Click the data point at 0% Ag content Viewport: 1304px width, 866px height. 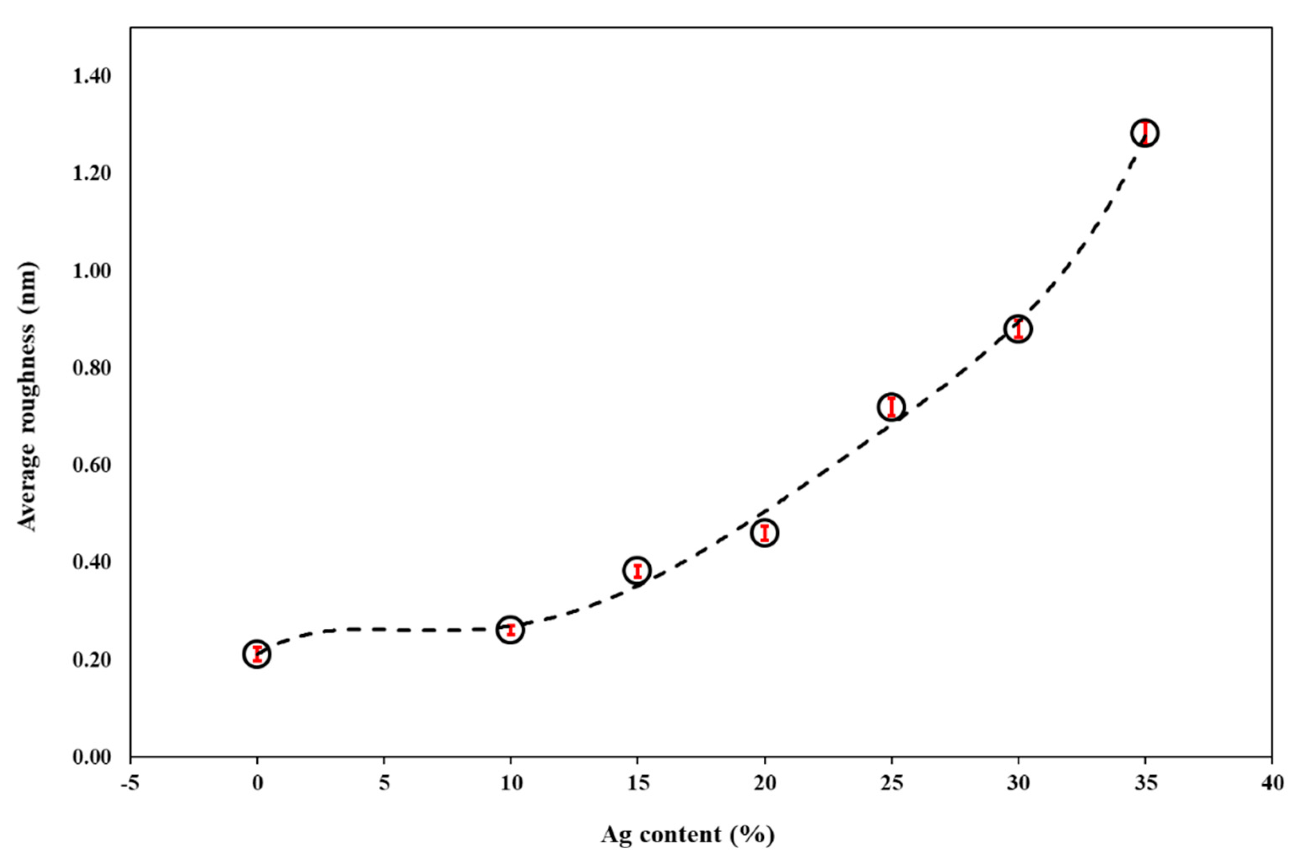tap(257, 654)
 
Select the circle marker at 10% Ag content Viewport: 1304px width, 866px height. tap(511, 630)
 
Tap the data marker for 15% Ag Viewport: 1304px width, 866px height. tap(637, 571)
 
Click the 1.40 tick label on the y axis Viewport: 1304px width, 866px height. tap(92, 76)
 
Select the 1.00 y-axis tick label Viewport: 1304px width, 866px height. tap(92, 271)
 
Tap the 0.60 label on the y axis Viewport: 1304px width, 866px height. tap(92, 465)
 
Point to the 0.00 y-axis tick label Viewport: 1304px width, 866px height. tap(92, 757)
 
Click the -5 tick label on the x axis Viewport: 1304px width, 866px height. tap(130, 783)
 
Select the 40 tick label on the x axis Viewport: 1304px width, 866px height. tap(1272, 783)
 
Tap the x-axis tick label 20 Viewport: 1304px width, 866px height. tap(765, 783)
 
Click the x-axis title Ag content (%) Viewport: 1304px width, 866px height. tap(687, 834)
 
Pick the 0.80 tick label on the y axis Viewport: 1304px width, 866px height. tap(92, 368)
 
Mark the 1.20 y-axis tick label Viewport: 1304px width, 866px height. tap(92, 174)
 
